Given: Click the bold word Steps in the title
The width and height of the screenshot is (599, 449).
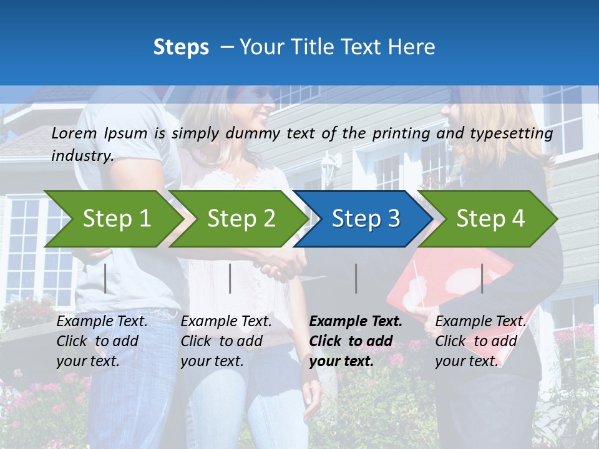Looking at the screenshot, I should click(x=181, y=47).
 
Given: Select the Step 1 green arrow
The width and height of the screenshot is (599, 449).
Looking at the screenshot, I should click(x=112, y=219).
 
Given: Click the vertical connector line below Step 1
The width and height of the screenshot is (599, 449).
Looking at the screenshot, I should click(x=105, y=278).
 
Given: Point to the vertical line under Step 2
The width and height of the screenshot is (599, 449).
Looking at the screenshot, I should click(x=230, y=278).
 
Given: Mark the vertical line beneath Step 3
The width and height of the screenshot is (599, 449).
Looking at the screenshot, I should click(x=356, y=278).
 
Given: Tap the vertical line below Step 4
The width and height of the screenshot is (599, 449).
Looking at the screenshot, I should click(x=482, y=278).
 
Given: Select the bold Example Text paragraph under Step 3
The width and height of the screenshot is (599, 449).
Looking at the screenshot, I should click(x=356, y=341).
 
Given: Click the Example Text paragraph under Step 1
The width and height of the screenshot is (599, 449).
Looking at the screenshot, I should click(x=102, y=341).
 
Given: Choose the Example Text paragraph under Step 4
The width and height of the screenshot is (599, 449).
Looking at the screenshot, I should click(x=480, y=341).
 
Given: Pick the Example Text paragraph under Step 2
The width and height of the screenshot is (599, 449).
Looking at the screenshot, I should click(x=226, y=341).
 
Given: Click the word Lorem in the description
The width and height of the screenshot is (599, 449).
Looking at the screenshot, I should click(x=74, y=133).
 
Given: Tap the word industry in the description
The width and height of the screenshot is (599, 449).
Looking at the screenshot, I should click(x=82, y=156).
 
